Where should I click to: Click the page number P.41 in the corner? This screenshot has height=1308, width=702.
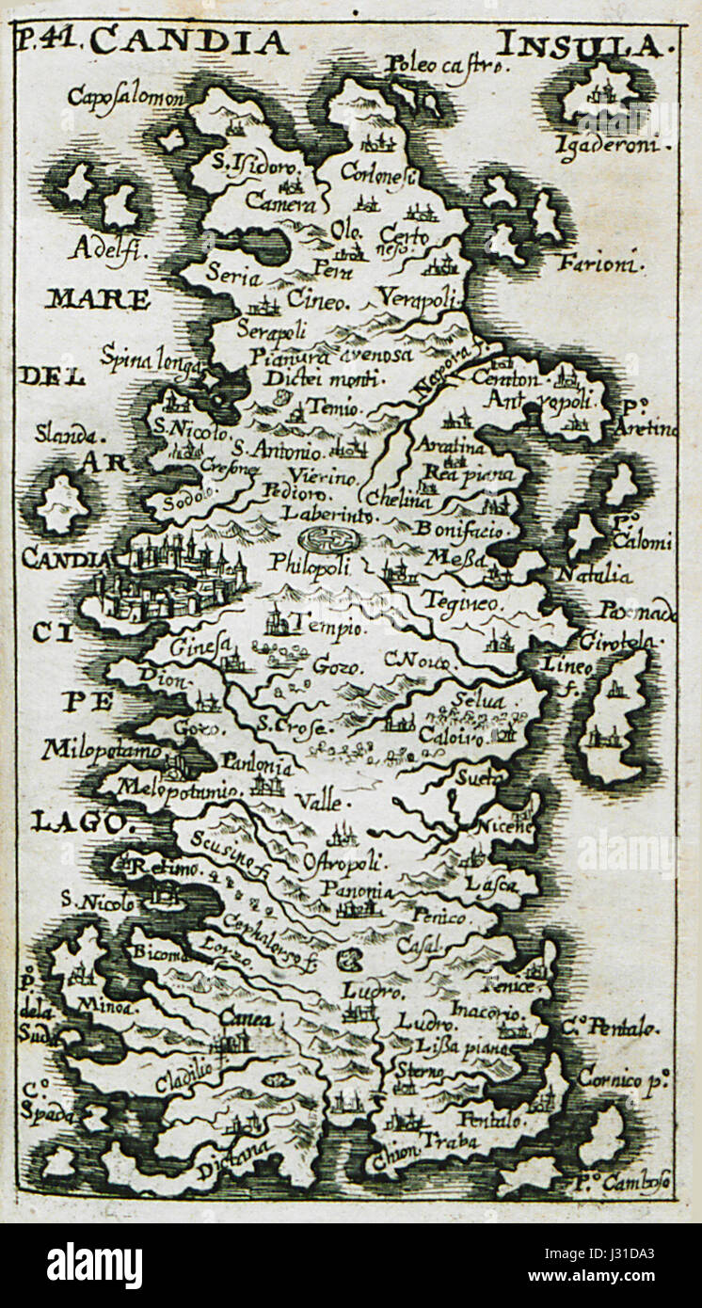pyautogui.click(x=50, y=40)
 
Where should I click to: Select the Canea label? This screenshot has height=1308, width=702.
pyautogui.click(x=245, y=1019)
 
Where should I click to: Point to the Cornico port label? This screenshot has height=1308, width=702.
pyautogui.click(x=622, y=1078)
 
